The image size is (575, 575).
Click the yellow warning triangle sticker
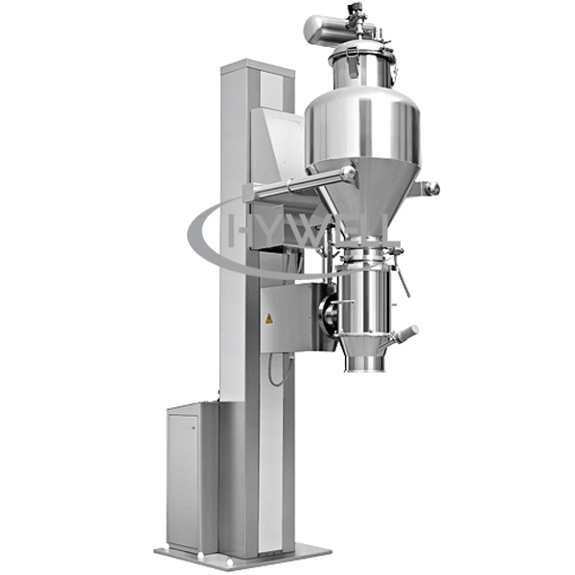[x=269, y=318]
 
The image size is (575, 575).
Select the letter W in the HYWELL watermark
[x=309, y=231]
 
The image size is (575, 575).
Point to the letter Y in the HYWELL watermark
[x=270, y=231]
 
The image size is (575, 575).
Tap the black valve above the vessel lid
[x=356, y=9]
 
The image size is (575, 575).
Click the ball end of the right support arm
[x=433, y=188]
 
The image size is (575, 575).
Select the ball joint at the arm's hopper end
[x=348, y=173]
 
